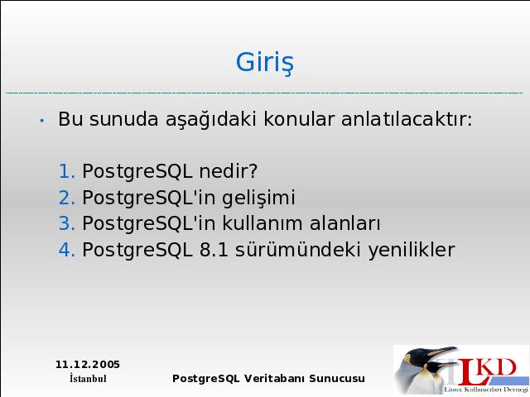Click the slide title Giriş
click(x=265, y=63)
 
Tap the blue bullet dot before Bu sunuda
click(x=42, y=121)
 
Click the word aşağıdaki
click(x=210, y=119)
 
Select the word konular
click(x=299, y=118)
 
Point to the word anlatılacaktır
click(x=407, y=118)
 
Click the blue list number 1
click(x=66, y=171)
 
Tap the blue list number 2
click(x=66, y=197)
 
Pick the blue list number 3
click(x=66, y=223)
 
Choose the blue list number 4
click(x=66, y=250)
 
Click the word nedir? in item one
click(x=229, y=170)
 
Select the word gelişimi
click(x=258, y=198)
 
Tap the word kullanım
click(x=263, y=222)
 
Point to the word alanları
click(x=345, y=222)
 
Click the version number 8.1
click(x=214, y=250)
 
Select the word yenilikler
click(x=412, y=250)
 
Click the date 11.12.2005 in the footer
click(x=88, y=365)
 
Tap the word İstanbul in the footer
click(x=88, y=378)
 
